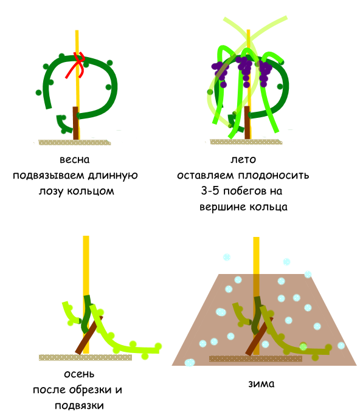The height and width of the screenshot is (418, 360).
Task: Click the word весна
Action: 74,160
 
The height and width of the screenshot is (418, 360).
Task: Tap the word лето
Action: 243,159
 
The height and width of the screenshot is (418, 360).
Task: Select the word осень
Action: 79,374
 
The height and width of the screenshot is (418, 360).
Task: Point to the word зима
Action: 261,383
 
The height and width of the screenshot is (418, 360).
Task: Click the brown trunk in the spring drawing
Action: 76,123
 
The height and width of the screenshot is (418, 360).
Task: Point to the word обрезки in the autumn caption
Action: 91,389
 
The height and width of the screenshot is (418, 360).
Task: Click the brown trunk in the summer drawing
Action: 247,123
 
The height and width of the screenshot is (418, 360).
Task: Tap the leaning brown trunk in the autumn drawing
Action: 89,335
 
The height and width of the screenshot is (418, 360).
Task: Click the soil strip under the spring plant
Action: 75,142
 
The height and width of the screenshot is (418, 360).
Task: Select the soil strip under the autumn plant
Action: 85,357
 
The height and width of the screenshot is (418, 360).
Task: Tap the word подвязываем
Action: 49,176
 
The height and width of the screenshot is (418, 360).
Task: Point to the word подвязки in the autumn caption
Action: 79,406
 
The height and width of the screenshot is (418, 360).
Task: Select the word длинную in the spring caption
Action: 113,176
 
